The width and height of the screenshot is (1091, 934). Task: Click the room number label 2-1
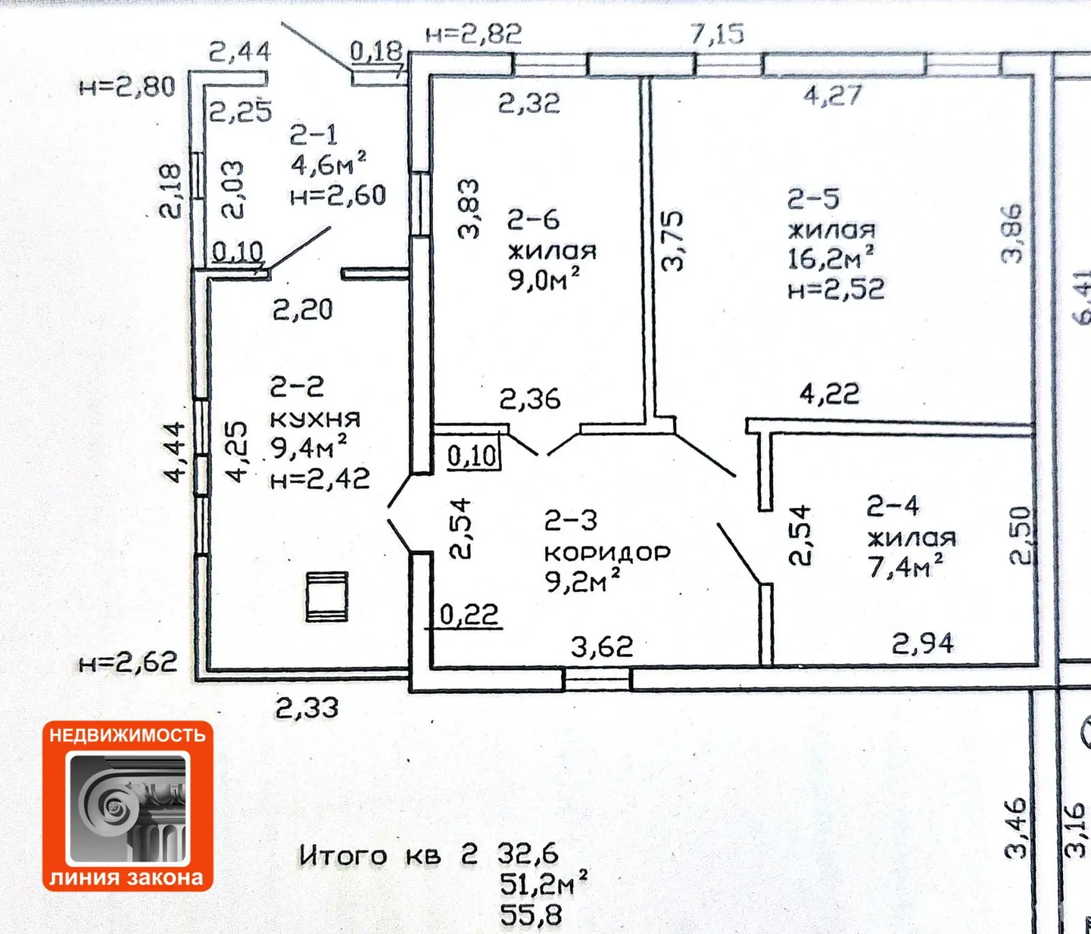(314, 135)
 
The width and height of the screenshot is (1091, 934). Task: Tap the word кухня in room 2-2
(315, 419)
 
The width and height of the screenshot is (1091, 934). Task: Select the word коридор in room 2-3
(608, 552)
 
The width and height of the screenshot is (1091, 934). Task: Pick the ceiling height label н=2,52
(836, 290)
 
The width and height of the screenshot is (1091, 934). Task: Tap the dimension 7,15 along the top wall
(717, 33)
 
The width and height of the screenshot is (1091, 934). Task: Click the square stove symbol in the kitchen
(327, 597)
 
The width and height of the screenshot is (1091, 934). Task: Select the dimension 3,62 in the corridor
(602, 646)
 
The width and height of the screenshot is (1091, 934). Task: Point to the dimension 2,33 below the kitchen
(307, 708)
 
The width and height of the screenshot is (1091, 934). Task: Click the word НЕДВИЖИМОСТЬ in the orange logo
(128, 735)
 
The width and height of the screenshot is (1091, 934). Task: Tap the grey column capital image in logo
(128, 809)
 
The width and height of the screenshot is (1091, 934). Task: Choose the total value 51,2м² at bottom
(543, 884)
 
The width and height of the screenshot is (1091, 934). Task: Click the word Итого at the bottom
(343, 855)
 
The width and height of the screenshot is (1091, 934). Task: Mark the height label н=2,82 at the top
(474, 34)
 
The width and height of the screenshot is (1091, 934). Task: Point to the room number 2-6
(533, 220)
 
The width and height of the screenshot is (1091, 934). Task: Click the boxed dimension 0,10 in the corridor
(473, 455)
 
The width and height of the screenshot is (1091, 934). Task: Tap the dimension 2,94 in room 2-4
(923, 643)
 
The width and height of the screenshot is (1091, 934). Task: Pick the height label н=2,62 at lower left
(128, 662)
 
